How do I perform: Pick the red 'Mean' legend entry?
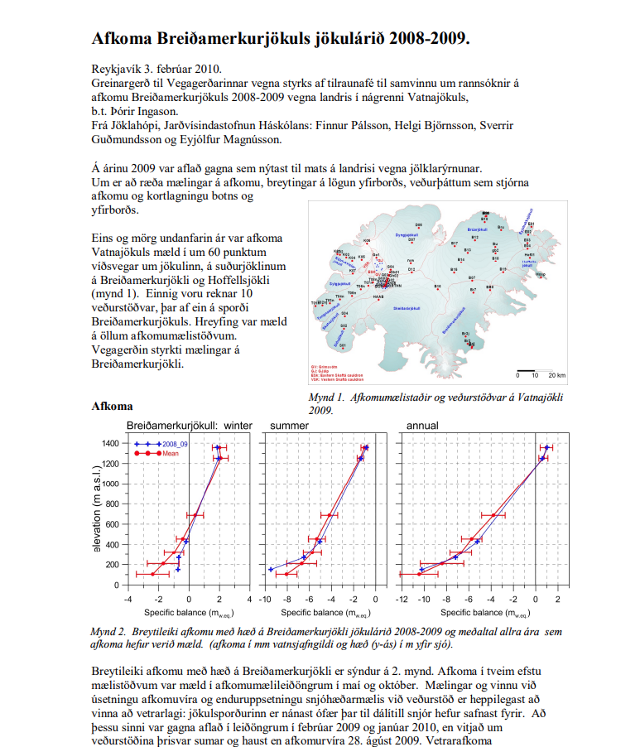click(x=162, y=453)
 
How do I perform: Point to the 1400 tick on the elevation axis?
click(x=111, y=443)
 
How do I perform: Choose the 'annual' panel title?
click(x=422, y=426)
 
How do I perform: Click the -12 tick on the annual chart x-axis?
click(x=402, y=599)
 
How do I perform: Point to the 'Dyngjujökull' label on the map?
click(x=409, y=235)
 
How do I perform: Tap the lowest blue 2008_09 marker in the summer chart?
click(x=271, y=569)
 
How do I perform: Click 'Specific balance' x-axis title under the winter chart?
click(x=176, y=613)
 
